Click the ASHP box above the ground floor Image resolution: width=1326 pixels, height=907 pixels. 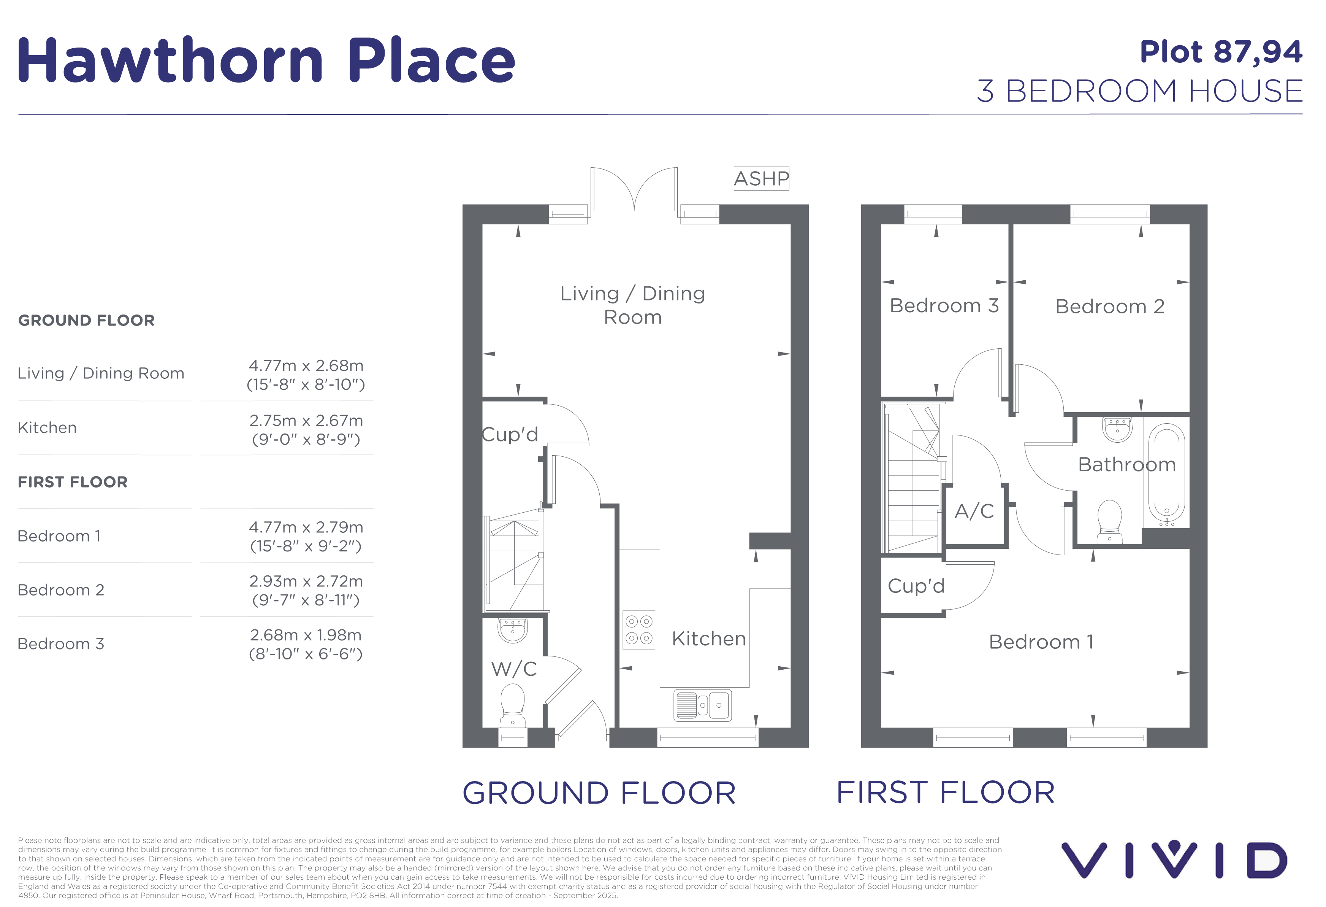[x=761, y=179]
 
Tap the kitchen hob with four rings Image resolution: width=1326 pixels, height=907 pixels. [x=638, y=630]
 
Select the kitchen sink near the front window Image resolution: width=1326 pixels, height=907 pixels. [x=702, y=705]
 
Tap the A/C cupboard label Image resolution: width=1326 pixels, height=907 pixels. [x=974, y=511]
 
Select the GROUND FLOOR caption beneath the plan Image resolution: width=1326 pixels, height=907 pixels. [x=599, y=793]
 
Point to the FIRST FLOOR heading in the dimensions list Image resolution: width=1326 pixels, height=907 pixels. [x=73, y=482]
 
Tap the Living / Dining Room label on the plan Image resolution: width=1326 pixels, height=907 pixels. [x=633, y=305]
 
